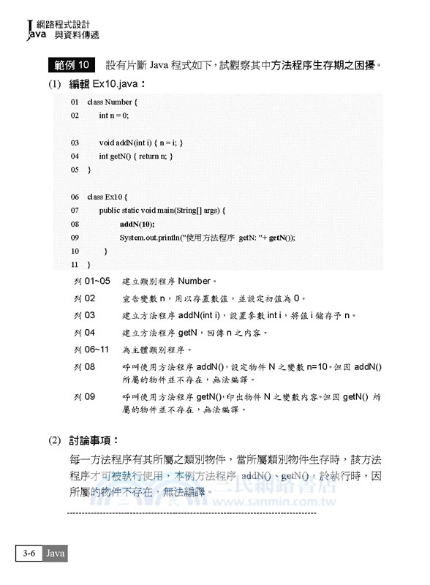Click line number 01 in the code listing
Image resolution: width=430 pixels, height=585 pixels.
point(75,102)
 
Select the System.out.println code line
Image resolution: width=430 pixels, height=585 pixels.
point(207,238)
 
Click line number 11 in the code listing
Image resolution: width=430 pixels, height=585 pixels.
point(75,264)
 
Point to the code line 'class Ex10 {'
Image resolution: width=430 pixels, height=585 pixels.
point(107,197)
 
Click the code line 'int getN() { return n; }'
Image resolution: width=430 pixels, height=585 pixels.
point(136,156)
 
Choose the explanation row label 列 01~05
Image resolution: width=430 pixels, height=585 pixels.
point(92,281)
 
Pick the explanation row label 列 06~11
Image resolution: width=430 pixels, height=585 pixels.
point(92,350)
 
